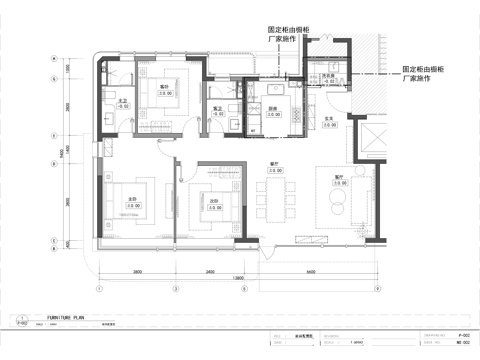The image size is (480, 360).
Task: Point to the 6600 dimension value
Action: pyautogui.click(x=312, y=272)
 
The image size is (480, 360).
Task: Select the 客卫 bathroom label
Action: pyautogui.click(x=217, y=110)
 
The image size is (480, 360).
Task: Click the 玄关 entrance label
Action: pyautogui.click(x=328, y=119)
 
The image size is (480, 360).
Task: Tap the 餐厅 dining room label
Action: pyautogui.click(x=273, y=166)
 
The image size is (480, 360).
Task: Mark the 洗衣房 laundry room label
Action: pyautogui.click(x=327, y=78)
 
